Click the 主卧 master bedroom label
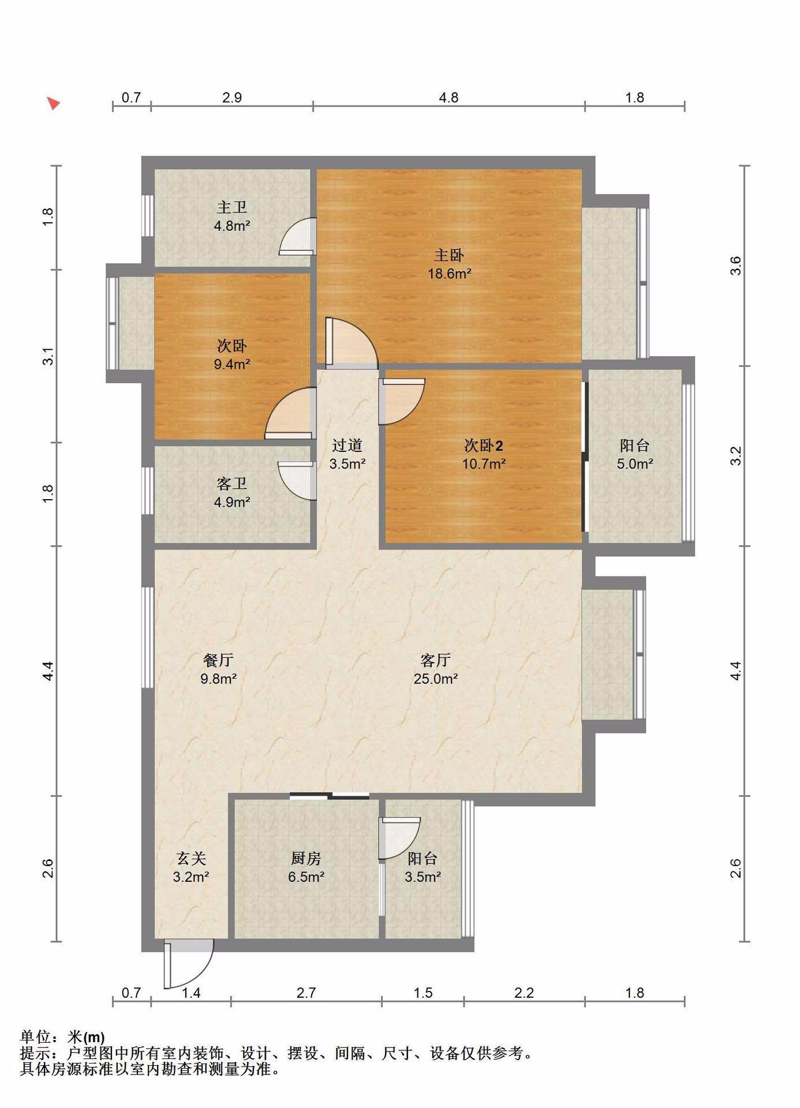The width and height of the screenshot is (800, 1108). (448, 255)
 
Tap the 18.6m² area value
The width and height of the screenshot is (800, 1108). (449, 274)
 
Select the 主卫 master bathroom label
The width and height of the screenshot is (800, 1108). (231, 207)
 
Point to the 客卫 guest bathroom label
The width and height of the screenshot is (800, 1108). (231, 483)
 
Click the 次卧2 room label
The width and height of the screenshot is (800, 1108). (484, 445)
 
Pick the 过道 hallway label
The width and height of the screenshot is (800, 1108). (347, 445)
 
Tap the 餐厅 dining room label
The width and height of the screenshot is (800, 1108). (218, 660)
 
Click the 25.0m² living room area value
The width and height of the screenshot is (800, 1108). (436, 679)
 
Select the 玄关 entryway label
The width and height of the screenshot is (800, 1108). (191, 859)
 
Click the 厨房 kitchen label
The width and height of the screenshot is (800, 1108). (306, 859)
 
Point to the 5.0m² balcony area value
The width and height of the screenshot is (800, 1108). (635, 463)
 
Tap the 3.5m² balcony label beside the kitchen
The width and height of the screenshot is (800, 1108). (423, 877)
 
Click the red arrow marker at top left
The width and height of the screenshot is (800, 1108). (53, 104)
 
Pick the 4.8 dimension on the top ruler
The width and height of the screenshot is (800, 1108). (448, 98)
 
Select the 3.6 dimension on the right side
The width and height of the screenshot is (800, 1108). (735, 265)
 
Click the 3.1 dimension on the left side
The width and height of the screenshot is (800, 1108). (48, 356)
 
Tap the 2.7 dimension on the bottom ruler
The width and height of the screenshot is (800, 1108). (306, 993)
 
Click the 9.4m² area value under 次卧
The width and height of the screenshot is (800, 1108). (231, 364)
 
